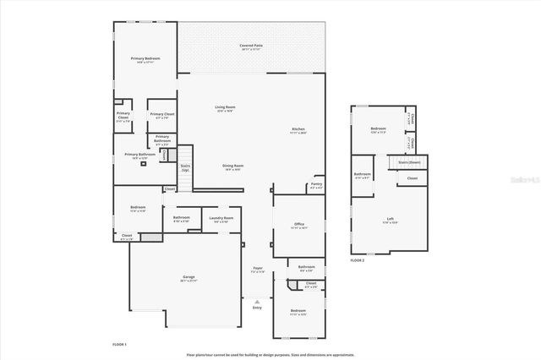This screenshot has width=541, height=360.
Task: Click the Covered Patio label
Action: [x=249, y=46]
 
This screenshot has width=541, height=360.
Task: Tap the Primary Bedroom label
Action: [x=145, y=58]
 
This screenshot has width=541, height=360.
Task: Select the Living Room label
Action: [x=225, y=107]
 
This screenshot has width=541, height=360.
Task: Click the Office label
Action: [x=298, y=224]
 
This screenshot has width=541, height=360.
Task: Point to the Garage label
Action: [x=189, y=278]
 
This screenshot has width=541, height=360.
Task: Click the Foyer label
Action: [x=257, y=270]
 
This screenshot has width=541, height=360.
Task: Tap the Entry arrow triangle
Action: [x=257, y=301]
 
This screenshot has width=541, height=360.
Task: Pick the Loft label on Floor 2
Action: [x=390, y=220]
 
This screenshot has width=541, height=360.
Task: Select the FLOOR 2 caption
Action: [x=358, y=260]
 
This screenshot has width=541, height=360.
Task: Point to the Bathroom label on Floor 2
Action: [x=363, y=174]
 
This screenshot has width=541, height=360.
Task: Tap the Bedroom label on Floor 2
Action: [x=377, y=128]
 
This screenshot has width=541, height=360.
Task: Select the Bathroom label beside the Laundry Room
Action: [x=181, y=218]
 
